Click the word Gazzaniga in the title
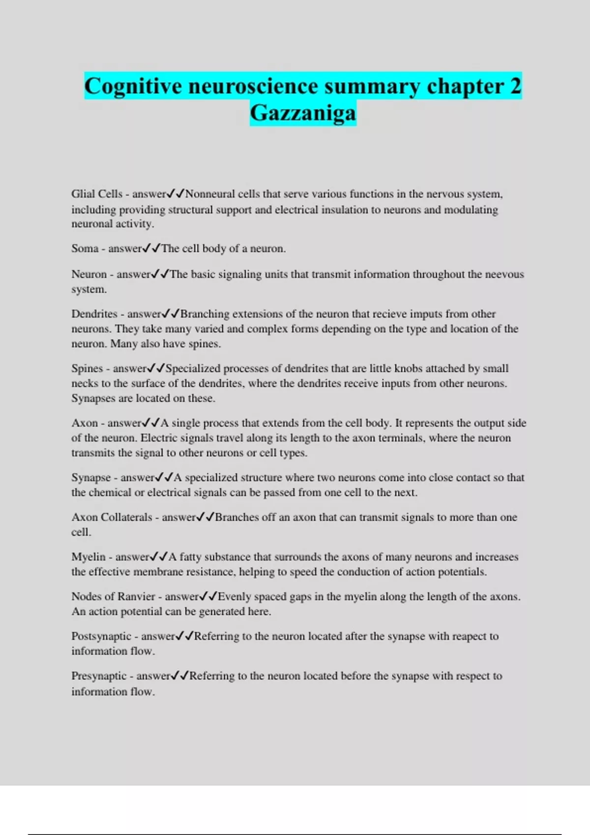click(303, 113)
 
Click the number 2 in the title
click(515, 86)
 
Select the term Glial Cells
click(96, 194)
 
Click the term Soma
click(85, 249)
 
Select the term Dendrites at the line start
click(94, 314)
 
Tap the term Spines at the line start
click(87, 368)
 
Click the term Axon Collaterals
click(112, 517)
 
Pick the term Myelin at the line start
click(88, 557)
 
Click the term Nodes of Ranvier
click(113, 597)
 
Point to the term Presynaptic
click(99, 676)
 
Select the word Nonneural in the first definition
click(210, 194)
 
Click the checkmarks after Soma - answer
click(151, 249)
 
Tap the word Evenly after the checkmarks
click(234, 597)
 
